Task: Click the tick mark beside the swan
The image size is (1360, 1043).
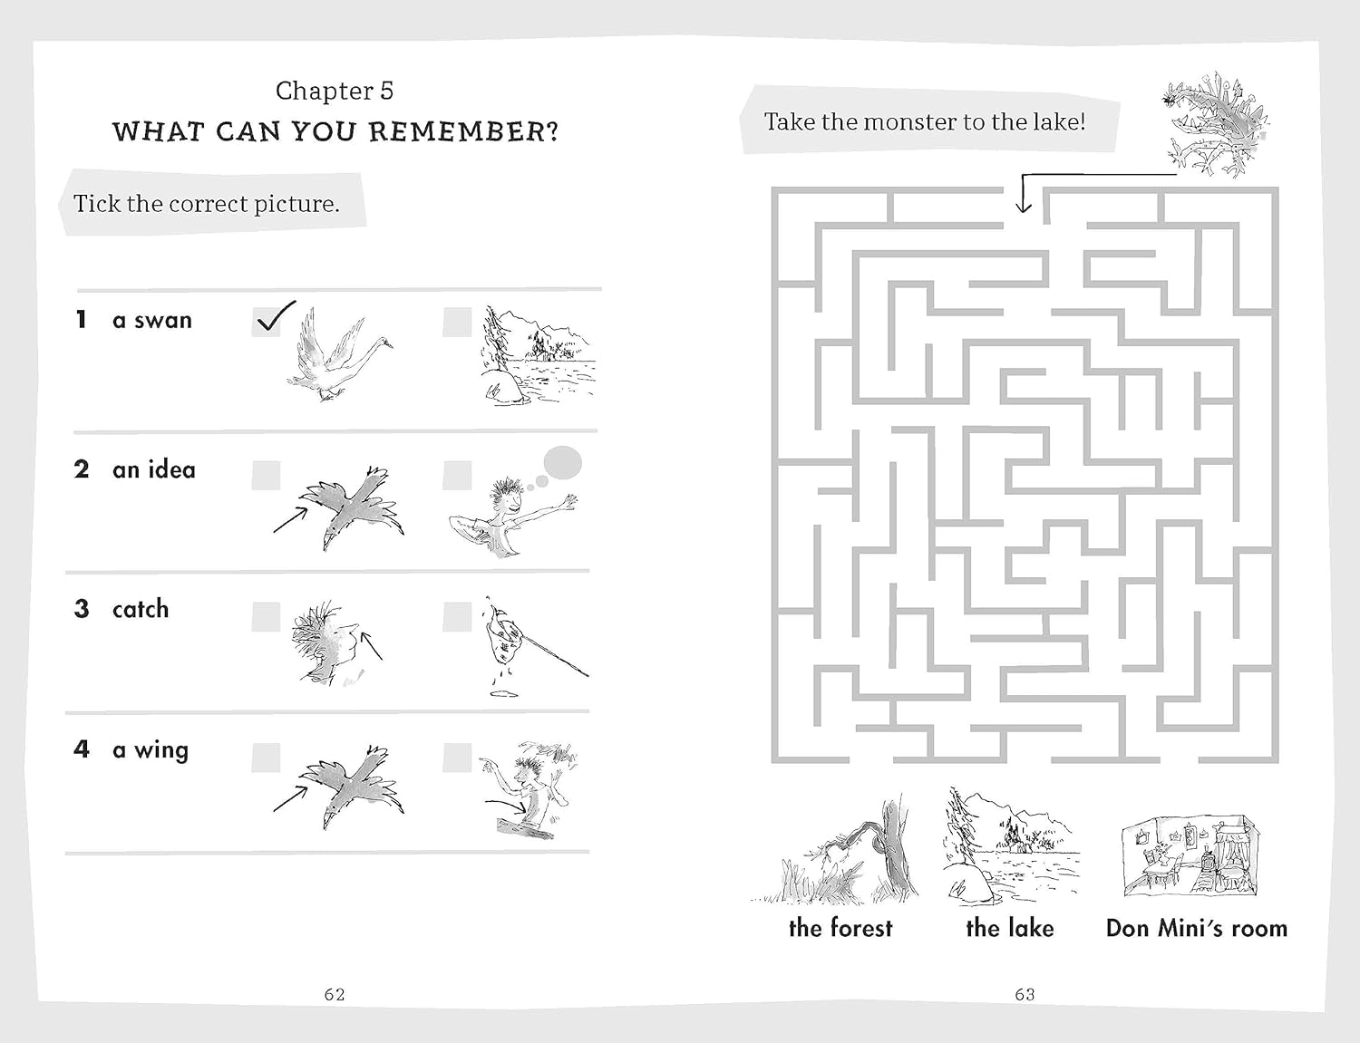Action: click(x=274, y=319)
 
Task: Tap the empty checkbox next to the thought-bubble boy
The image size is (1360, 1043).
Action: click(x=457, y=475)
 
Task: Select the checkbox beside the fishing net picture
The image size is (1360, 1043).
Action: click(x=457, y=616)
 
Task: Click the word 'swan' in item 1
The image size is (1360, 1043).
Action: click(x=162, y=320)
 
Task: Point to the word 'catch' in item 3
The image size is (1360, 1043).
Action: click(x=141, y=609)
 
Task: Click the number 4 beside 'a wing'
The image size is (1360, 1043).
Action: click(x=82, y=749)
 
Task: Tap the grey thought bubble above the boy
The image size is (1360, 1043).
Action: click(x=563, y=463)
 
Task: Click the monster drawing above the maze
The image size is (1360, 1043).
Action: click(x=1214, y=124)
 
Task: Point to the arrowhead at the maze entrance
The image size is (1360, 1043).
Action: click(x=1024, y=207)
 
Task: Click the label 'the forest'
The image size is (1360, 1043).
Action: click(x=840, y=928)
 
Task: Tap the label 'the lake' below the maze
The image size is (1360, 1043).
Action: click(x=1009, y=928)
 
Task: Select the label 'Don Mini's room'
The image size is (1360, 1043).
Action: click(x=1197, y=928)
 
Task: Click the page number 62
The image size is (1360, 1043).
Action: click(x=335, y=994)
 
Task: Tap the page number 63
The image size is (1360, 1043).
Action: click(x=1025, y=994)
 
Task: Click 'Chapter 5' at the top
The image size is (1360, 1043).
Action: click(x=335, y=91)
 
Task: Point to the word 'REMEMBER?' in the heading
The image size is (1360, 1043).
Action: click(x=463, y=132)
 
